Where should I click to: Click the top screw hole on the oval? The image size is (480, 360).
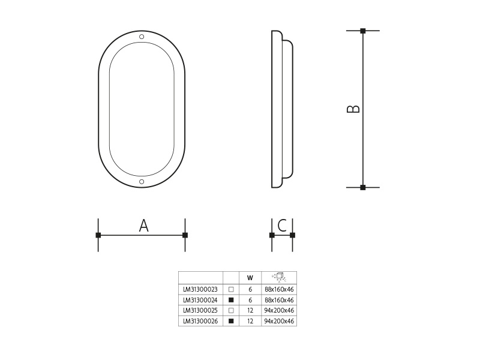click(x=142, y=37)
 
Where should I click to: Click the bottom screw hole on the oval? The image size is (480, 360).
click(x=142, y=182)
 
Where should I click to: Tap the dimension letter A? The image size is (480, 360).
click(x=143, y=226)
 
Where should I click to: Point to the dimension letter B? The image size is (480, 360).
click(x=353, y=109)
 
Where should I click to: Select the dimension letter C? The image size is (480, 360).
click(x=282, y=226)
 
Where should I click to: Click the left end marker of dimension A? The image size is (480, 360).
click(x=98, y=235)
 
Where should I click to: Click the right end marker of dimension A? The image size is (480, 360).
click(x=185, y=235)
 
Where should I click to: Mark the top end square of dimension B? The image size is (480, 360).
click(x=363, y=31)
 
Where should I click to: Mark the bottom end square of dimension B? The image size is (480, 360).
click(x=363, y=187)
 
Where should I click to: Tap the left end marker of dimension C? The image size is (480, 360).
click(x=272, y=235)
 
